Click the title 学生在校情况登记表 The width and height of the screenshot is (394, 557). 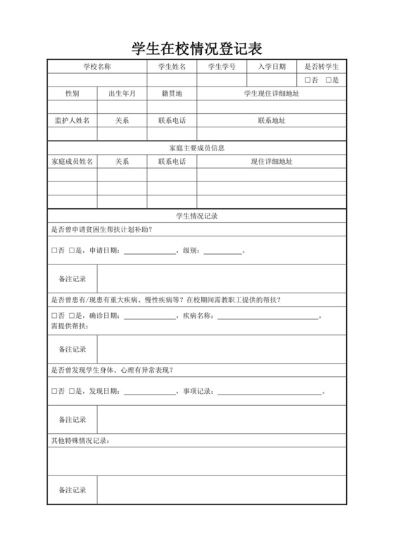(x=197, y=49)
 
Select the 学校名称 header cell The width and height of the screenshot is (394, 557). (x=97, y=67)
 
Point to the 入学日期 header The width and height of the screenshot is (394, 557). (x=272, y=67)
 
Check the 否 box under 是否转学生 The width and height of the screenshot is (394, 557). (x=307, y=80)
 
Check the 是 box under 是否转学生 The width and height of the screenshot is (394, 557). (x=329, y=80)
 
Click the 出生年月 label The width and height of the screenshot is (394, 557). (x=122, y=93)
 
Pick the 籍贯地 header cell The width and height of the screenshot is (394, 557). (x=172, y=93)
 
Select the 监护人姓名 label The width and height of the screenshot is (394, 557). (x=72, y=120)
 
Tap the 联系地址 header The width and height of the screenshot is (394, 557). (x=272, y=120)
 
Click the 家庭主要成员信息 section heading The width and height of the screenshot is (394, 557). (x=197, y=148)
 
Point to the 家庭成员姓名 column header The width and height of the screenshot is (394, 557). (x=72, y=161)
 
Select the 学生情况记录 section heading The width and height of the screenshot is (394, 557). (x=197, y=216)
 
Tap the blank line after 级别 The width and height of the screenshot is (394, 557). (x=222, y=252)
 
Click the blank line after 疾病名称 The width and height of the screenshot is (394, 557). (x=268, y=316)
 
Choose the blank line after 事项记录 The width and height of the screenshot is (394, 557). (x=269, y=391)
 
